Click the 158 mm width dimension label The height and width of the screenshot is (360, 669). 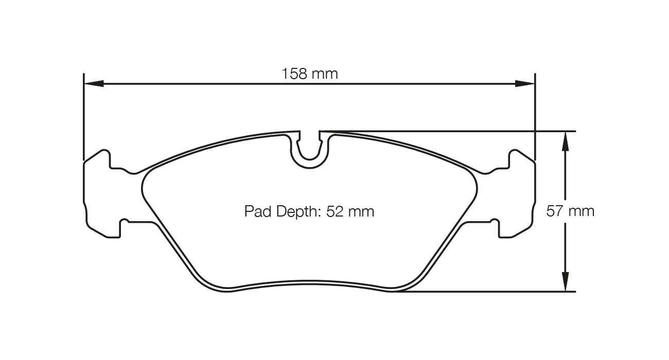coord(309,74)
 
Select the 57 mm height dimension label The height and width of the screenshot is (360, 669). coord(570,211)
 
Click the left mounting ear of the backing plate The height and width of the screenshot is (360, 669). coord(98,195)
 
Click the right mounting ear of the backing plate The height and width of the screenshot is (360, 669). coord(521,195)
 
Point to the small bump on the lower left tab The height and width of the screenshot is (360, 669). coord(124,222)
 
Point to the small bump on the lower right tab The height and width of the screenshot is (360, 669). coord(495,222)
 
